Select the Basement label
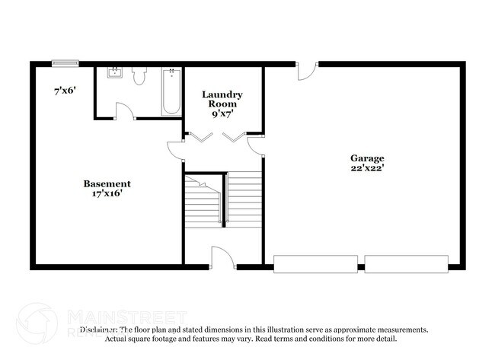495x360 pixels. pos(107,183)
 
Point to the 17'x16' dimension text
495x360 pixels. pos(107,193)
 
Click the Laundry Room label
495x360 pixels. pos(222,99)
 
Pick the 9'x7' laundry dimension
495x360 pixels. pos(222,113)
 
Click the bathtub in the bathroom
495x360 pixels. pos(171,91)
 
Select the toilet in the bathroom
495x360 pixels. pos(139,76)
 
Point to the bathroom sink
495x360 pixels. pos(114,74)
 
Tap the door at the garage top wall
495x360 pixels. pos(306,71)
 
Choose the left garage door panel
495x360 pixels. pos(315,264)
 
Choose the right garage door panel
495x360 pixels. pos(406,264)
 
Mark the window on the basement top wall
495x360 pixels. pos(65,64)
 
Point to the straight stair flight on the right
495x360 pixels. pos(244,198)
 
